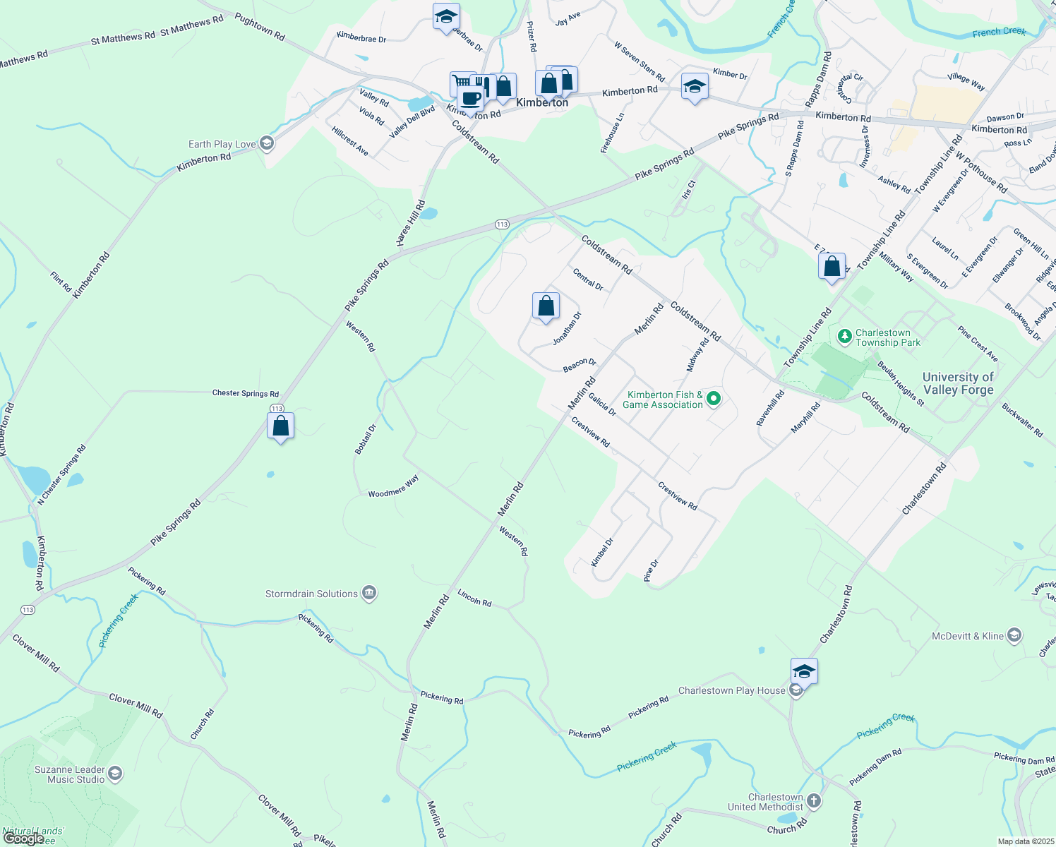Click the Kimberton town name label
coord(541,103)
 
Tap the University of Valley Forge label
coord(958,383)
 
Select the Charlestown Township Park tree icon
coord(844,336)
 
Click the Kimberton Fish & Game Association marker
coord(714,400)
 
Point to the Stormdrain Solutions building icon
coord(368,594)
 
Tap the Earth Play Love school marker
coord(266,144)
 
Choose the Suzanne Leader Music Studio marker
coord(115,774)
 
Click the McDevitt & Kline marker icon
coord(1014,636)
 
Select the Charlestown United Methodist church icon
coord(814,801)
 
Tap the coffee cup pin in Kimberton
coord(470,100)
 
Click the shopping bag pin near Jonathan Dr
coord(546,306)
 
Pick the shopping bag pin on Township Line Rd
coord(832,267)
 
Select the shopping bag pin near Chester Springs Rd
coord(280,426)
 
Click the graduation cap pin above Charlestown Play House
coord(804,671)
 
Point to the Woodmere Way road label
coord(393,487)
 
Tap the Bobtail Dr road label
coord(366,439)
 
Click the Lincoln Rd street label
coord(474,598)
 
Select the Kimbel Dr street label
coord(602,552)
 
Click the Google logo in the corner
coord(23,839)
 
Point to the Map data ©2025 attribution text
coord(1025,841)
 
